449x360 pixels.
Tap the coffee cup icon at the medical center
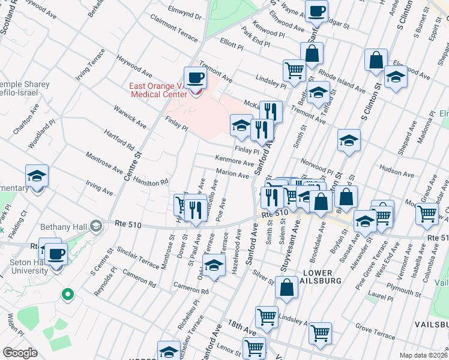[x=195, y=77]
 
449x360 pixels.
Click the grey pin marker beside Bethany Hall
[x=95, y=227]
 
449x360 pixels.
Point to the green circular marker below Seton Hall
[x=68, y=295]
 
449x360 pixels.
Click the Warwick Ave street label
[x=130, y=117]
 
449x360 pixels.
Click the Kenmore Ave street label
[x=235, y=162]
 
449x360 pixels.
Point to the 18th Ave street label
[x=242, y=327]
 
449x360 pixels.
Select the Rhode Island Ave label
[x=342, y=80]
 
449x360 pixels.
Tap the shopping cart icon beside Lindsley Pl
[x=294, y=70]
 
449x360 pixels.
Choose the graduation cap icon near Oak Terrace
[x=214, y=263]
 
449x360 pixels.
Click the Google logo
[x=20, y=353]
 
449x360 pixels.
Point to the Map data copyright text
[x=423, y=355]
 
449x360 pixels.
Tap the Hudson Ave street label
[x=397, y=174]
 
